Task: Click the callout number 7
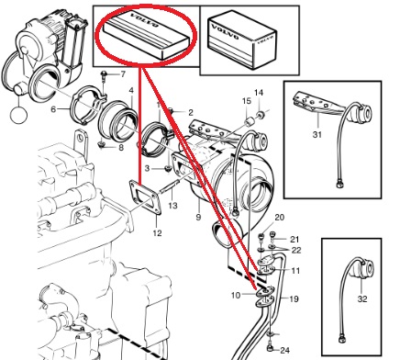click(x=123, y=74)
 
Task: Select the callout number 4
click(x=131, y=90)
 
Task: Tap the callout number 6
click(x=53, y=108)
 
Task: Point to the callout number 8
click(x=121, y=148)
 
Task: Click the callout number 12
click(x=157, y=233)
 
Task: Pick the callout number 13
click(x=172, y=205)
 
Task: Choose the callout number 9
click(x=198, y=217)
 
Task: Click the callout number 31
click(x=317, y=134)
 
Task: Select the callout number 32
click(x=362, y=298)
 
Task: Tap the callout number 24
click(x=284, y=350)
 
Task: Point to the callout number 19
click(x=294, y=298)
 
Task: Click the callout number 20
click(x=280, y=218)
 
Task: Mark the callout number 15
click(x=247, y=101)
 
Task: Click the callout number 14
click(x=259, y=93)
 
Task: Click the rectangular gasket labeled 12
click(x=144, y=198)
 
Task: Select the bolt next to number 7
click(x=105, y=76)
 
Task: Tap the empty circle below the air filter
click(x=18, y=115)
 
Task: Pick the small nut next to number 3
click(x=167, y=168)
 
